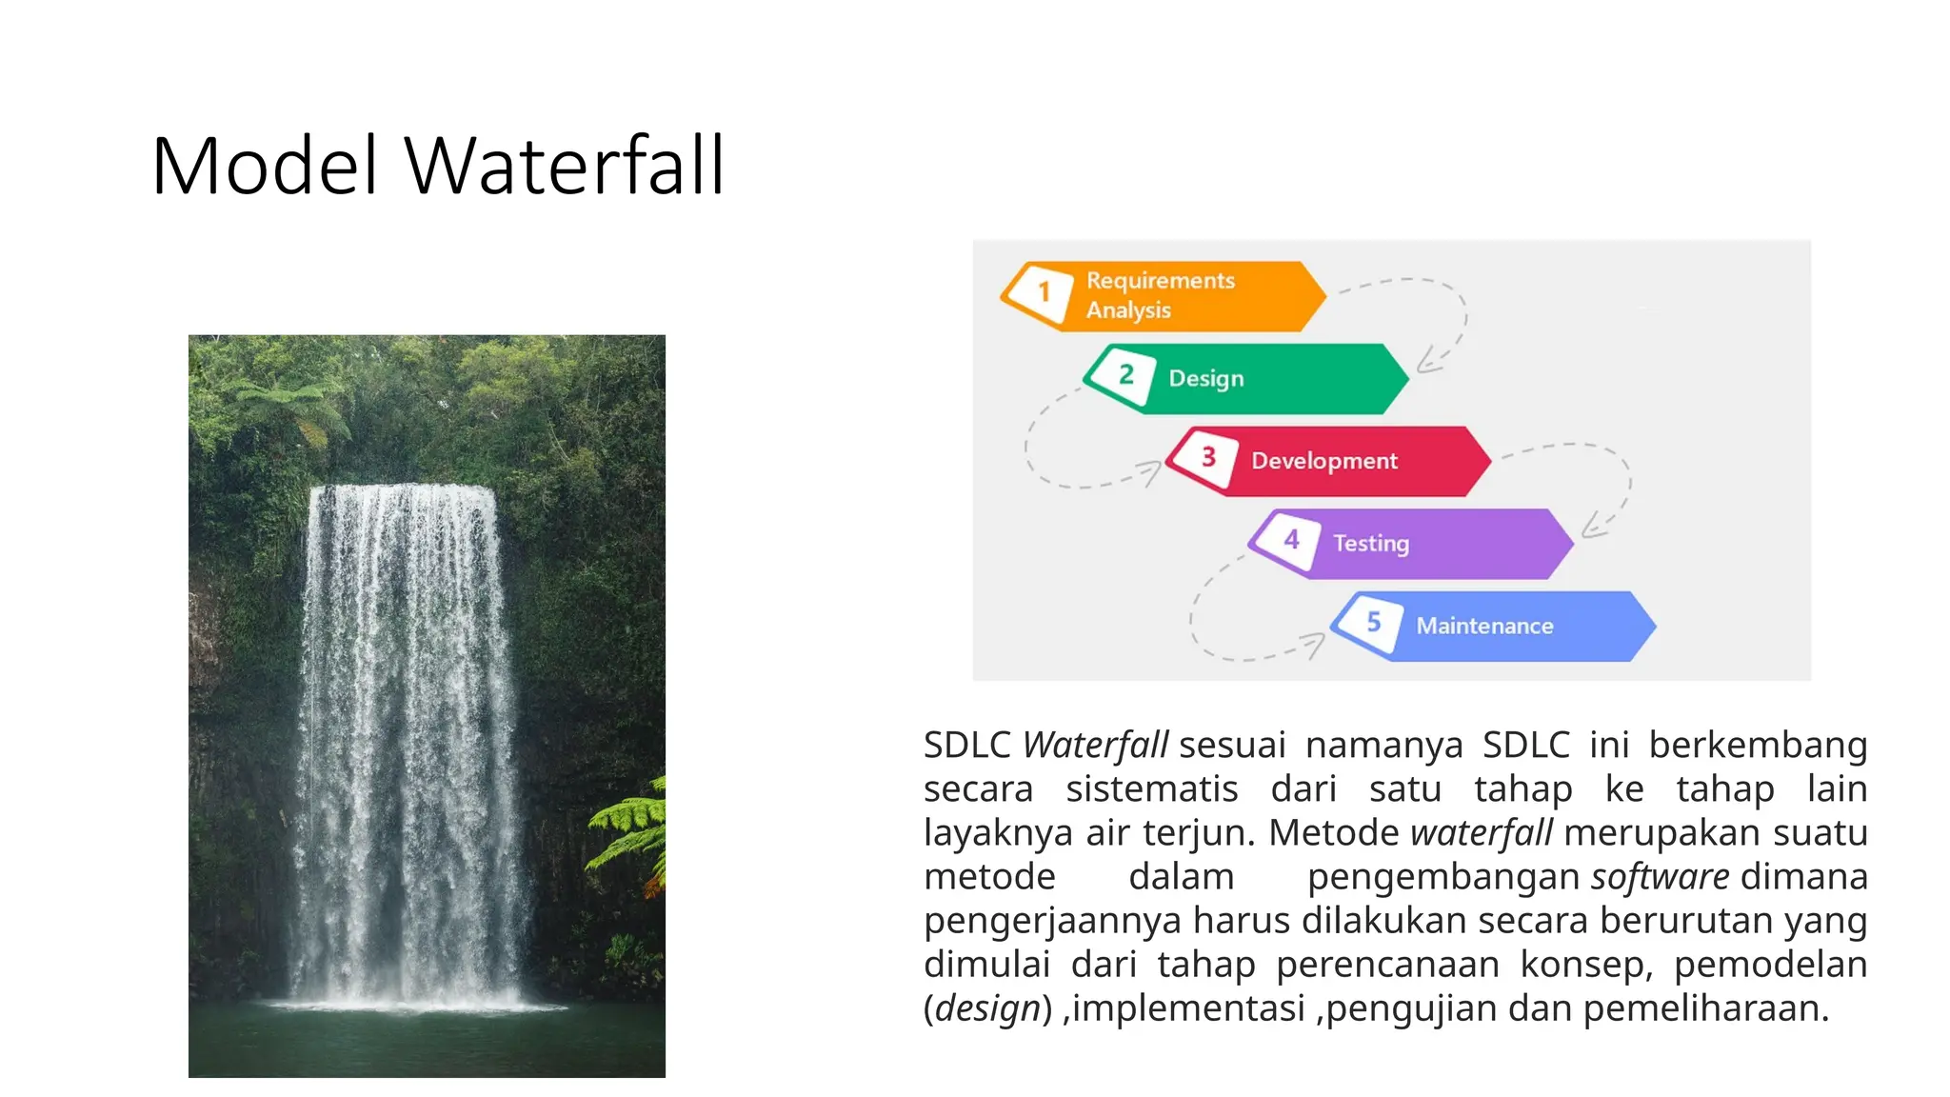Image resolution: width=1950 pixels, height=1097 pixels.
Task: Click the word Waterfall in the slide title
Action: (565, 166)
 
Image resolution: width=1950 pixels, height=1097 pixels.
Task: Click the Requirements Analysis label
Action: (1159, 295)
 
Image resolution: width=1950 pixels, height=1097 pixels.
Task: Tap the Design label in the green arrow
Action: (1205, 379)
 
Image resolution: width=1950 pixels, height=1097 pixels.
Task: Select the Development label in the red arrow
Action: (1323, 461)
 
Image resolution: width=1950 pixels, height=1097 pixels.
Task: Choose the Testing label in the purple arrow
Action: (1370, 544)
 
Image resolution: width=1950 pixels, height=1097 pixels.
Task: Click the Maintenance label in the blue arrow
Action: (1483, 627)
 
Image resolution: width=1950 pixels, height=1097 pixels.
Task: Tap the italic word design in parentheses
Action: (987, 1008)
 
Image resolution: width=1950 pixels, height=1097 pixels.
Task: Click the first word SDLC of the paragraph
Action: (966, 746)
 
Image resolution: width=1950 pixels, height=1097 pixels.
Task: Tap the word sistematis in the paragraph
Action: (1151, 789)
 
